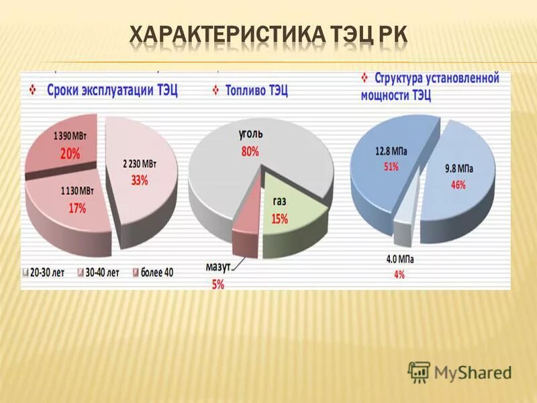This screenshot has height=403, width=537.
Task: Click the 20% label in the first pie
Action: (70, 153)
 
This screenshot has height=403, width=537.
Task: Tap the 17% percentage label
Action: (77, 208)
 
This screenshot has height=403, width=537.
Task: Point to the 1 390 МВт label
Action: (70, 137)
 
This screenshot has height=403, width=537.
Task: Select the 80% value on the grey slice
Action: (250, 152)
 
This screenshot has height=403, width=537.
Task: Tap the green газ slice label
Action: (279, 201)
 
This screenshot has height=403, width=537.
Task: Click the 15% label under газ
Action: (280, 218)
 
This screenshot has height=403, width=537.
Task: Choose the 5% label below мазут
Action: (218, 284)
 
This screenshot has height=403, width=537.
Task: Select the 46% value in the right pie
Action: (458, 186)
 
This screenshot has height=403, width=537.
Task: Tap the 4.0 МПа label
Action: (399, 259)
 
